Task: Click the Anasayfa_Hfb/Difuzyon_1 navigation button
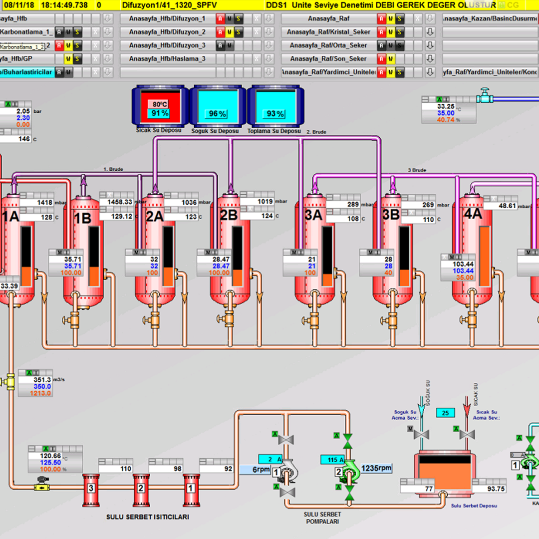[x=167, y=19]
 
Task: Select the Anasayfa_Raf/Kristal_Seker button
[x=328, y=32]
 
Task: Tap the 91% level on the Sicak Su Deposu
[x=160, y=113]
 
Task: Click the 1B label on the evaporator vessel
[x=82, y=218]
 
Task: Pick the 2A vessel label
[x=155, y=216]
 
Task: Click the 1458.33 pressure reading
[x=116, y=202]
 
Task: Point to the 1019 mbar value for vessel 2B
[x=258, y=202]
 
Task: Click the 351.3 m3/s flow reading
[x=35, y=380]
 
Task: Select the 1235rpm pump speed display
[x=376, y=468]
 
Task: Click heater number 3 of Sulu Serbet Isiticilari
[x=91, y=488]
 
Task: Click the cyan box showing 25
[x=446, y=413]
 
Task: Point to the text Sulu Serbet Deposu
[x=474, y=506]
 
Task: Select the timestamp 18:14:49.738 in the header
[x=64, y=5]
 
